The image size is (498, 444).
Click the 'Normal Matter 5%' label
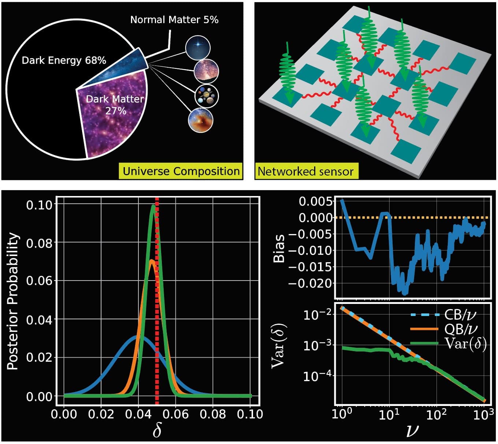[x=174, y=20]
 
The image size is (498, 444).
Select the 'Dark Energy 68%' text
[x=64, y=60]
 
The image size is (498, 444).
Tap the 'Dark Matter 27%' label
[x=115, y=105]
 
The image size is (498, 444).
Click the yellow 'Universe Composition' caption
[x=181, y=171]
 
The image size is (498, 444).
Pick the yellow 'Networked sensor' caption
[x=306, y=171]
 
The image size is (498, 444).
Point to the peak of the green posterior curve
[x=153, y=206]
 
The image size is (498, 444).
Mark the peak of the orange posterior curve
[x=152, y=260]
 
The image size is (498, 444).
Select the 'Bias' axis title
[x=279, y=248]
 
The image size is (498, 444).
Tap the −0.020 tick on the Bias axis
[x=311, y=283]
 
